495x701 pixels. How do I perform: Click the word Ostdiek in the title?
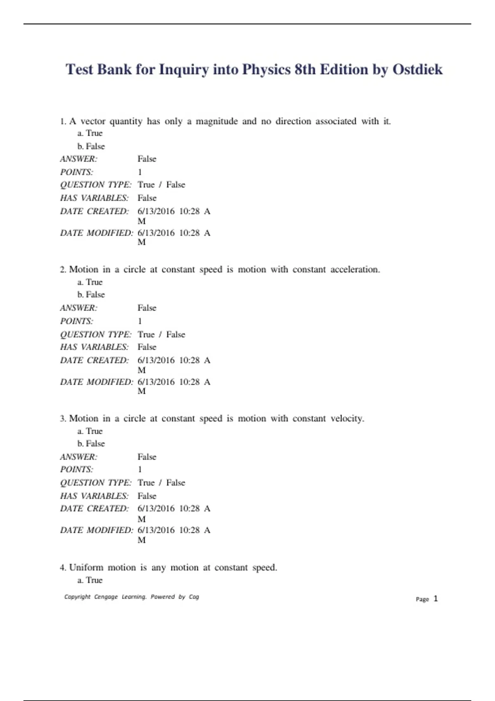coord(417,69)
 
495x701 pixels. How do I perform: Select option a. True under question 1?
coord(90,133)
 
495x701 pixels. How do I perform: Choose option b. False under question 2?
coord(91,294)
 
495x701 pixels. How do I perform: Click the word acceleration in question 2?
coord(355,270)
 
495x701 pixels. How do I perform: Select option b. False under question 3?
coord(91,444)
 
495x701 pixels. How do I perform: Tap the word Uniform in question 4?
coord(86,567)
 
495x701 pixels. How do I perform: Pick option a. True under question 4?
coord(90,580)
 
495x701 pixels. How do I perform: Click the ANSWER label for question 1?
coord(79,159)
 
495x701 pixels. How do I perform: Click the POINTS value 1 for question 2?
coord(140,321)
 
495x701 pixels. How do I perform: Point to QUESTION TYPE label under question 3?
coord(96,482)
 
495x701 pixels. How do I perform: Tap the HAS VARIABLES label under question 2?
coord(94,347)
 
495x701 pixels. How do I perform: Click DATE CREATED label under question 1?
coord(94,211)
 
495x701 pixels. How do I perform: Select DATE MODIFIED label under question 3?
coord(97,530)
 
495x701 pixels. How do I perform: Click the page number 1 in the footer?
coord(436,599)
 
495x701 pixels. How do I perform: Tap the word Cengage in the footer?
coord(106,597)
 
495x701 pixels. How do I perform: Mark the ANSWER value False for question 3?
coord(147,457)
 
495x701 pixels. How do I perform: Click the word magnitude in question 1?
coord(217,121)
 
